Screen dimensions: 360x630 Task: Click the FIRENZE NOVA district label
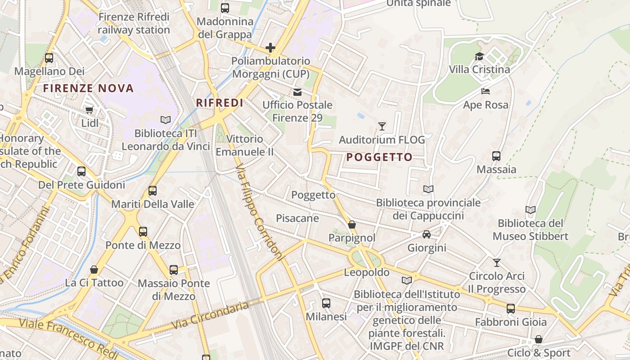(89, 88)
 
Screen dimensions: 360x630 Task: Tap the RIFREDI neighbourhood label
(220, 103)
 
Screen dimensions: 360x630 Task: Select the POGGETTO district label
(380, 157)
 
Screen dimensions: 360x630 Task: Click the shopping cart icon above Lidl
(90, 110)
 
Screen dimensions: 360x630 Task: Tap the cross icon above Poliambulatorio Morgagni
(270, 48)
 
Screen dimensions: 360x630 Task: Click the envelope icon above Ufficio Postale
(297, 92)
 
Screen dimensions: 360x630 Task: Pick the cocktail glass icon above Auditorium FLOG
(382, 126)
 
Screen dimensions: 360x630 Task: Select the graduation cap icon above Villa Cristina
(479, 56)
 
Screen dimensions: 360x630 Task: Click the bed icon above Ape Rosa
(486, 91)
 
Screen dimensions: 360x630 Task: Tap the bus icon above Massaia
(496, 156)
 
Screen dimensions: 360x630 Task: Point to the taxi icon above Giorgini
(427, 234)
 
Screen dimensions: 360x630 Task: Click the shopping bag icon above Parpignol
(352, 224)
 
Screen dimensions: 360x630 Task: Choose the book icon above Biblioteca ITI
(166, 120)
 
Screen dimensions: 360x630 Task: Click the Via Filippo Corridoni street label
(260, 211)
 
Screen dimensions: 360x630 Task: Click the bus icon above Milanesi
(326, 303)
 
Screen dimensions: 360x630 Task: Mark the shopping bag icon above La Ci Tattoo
(94, 270)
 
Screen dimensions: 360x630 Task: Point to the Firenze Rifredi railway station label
(134, 24)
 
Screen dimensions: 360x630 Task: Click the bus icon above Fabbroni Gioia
(511, 309)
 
